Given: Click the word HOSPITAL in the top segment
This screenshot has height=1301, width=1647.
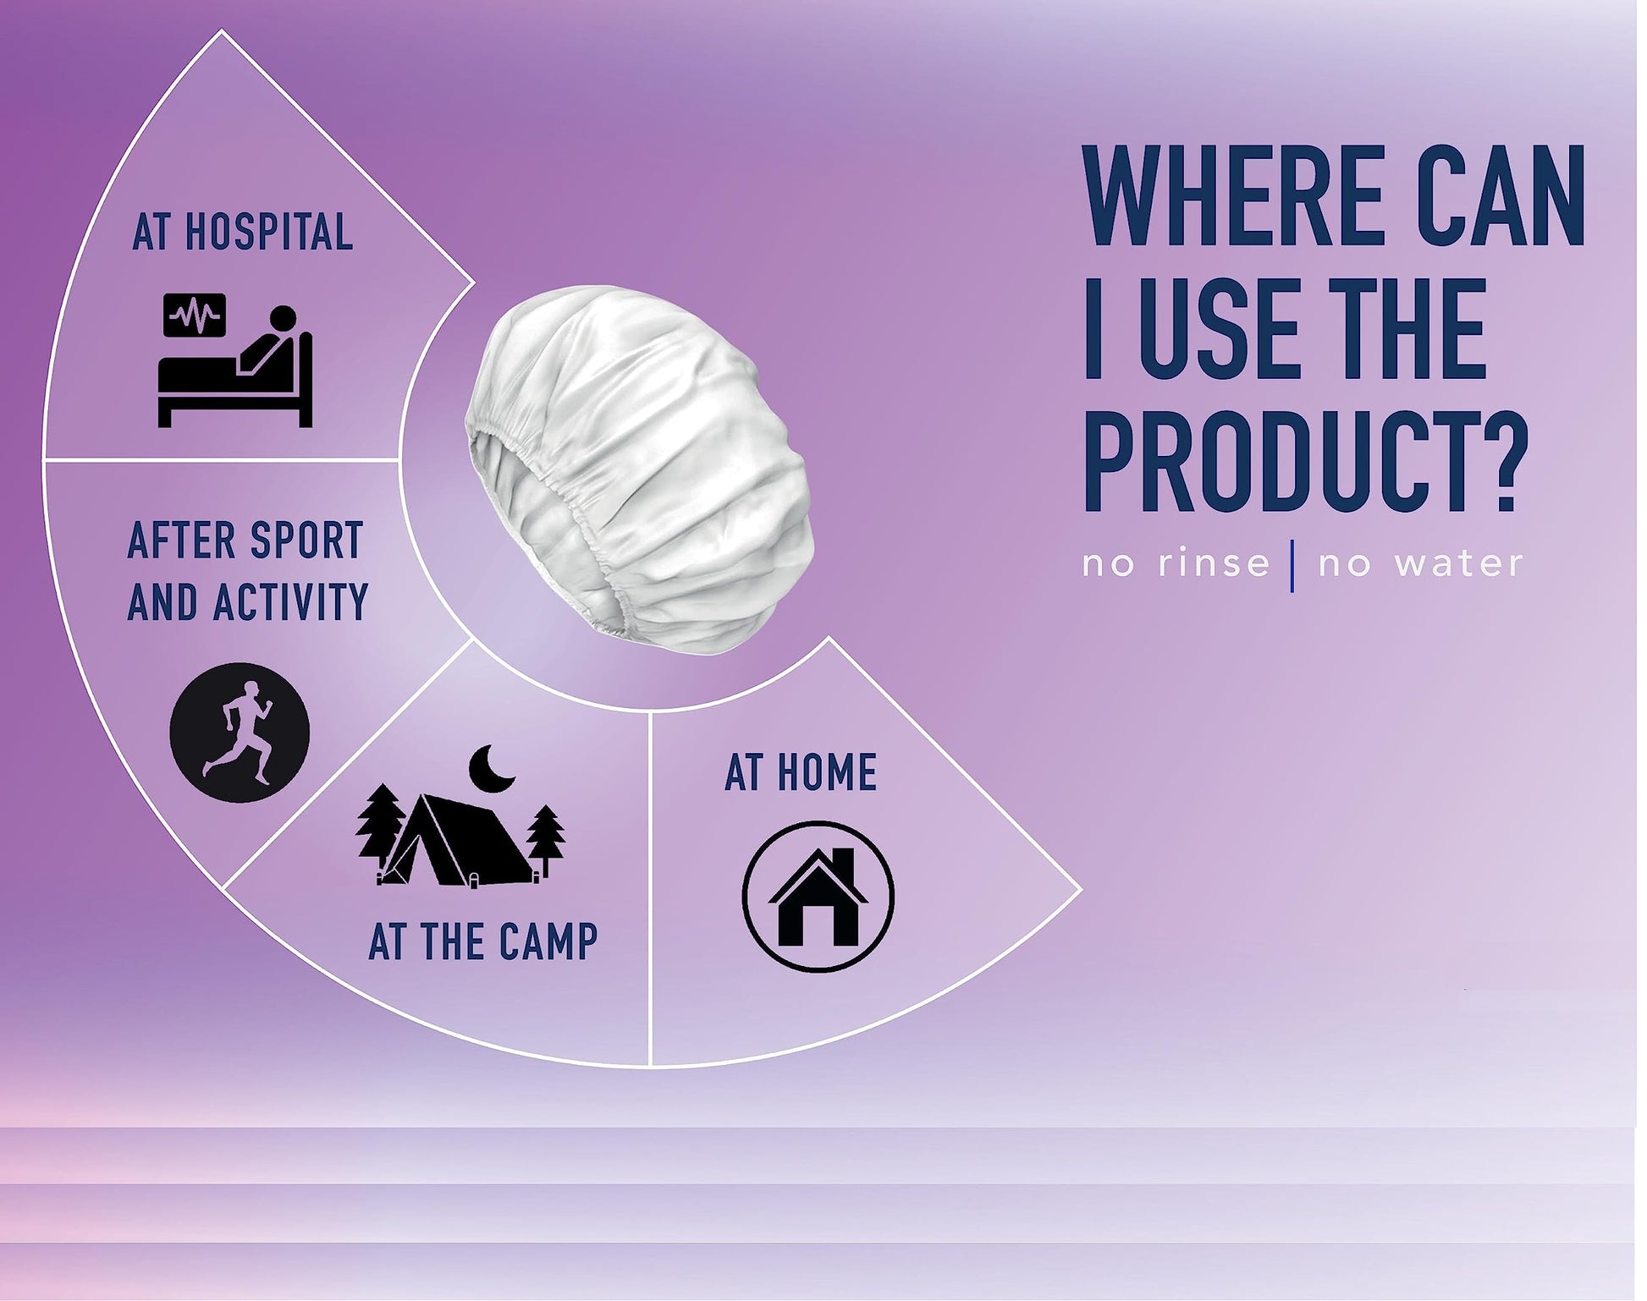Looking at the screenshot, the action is click(269, 233).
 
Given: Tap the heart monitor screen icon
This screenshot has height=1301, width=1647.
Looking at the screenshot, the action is click(196, 315).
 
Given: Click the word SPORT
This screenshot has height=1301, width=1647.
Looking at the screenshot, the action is click(306, 541).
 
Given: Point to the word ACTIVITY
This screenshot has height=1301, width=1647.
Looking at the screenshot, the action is click(290, 601).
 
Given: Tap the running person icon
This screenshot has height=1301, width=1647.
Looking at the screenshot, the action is click(240, 733).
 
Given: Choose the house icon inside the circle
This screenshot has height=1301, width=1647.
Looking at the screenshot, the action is click(818, 897).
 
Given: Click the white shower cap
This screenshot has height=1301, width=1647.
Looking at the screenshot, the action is click(639, 469).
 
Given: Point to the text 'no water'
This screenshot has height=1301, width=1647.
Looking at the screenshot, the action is click(1421, 563).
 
